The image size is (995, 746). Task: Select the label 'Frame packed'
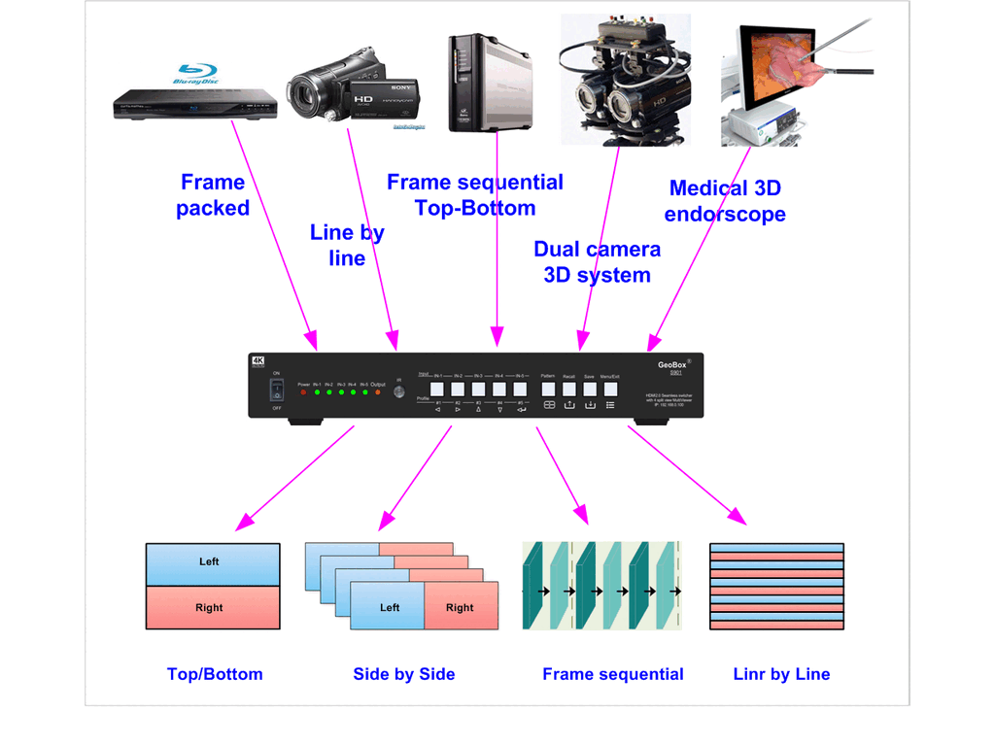pos(213,195)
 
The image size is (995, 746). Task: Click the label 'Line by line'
pos(347,246)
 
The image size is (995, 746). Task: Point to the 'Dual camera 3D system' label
pos(597,262)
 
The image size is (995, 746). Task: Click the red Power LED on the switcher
pos(303,392)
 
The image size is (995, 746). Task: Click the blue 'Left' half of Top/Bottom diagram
pos(212,563)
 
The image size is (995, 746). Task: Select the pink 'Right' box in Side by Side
pos(461,607)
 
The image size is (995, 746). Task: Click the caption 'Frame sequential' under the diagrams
pos(612,674)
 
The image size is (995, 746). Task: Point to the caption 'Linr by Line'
pos(781,674)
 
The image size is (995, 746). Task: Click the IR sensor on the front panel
pos(399,392)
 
